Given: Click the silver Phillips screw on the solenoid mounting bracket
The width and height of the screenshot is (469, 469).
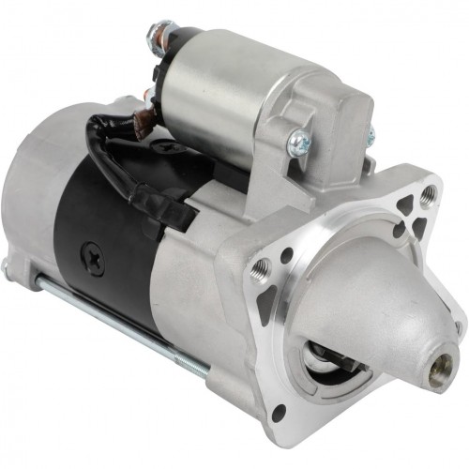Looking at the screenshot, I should [x=299, y=143].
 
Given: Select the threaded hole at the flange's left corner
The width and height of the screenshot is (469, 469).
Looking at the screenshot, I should [x=260, y=269].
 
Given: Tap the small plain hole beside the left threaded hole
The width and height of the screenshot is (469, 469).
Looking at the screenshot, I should [x=284, y=256].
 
